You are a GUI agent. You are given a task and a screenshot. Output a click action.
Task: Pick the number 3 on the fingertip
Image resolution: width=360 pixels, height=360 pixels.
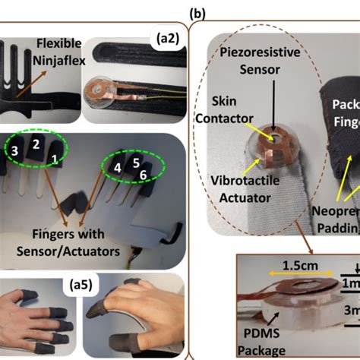14,151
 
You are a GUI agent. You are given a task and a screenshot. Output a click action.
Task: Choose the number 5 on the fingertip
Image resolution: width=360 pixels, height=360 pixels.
135,162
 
